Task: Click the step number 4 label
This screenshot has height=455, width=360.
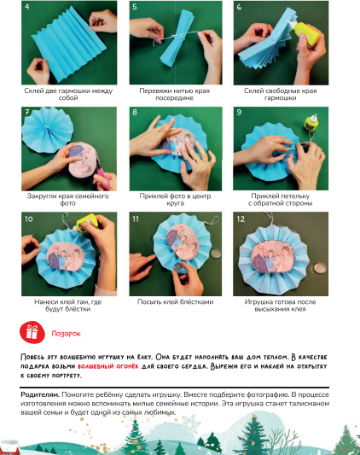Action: coord(26,6)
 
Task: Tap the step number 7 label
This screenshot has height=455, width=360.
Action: coord(26,112)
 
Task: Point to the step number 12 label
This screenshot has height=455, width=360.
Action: coord(241,219)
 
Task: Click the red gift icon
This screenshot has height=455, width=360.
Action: coord(32,332)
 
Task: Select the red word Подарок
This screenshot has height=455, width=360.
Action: coord(66,334)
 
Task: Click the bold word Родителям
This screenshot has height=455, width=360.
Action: coord(40,394)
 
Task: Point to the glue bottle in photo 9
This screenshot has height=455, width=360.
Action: coord(311,123)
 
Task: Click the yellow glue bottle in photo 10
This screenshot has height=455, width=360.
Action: coord(86,222)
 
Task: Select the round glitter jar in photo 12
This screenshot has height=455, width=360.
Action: coord(320,267)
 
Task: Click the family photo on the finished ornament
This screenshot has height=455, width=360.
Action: coord(273,256)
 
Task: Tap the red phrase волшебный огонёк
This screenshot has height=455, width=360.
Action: coord(108,366)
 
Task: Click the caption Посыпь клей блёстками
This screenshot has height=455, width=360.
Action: coord(175,302)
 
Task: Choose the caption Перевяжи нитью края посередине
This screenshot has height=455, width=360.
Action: coord(174,94)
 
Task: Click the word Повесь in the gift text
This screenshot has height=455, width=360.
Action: coord(32,357)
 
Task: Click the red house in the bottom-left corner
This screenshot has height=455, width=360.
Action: coord(10,447)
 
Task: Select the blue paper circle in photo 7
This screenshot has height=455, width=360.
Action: coord(47,130)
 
